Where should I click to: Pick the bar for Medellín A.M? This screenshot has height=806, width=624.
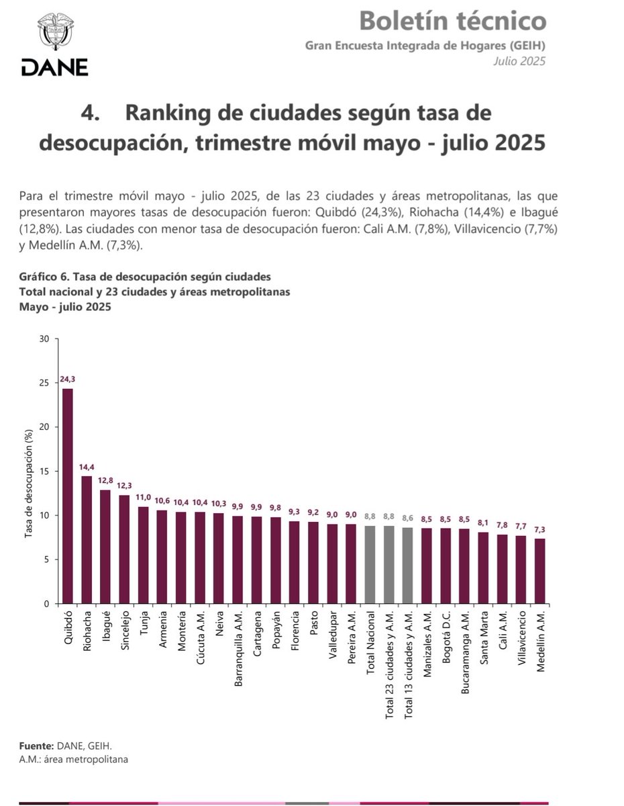coord(540,571)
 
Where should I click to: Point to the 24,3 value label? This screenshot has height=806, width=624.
coord(68,379)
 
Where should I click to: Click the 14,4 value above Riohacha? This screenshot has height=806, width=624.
coord(87,467)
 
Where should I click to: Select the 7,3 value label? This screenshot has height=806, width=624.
coord(540,529)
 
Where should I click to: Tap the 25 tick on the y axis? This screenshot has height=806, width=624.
coord(45,383)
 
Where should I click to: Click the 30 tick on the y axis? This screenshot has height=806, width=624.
coord(45,339)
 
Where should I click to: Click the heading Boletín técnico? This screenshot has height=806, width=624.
coord(452,21)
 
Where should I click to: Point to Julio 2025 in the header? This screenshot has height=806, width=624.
coord(519,61)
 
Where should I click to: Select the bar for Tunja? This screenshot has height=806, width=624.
coord(144,555)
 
